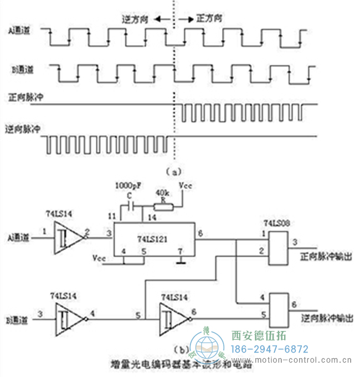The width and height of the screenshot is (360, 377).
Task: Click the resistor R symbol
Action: (163, 206)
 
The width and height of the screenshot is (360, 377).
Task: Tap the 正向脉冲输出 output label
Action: (325, 257)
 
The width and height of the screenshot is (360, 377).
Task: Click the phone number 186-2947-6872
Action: (269, 349)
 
